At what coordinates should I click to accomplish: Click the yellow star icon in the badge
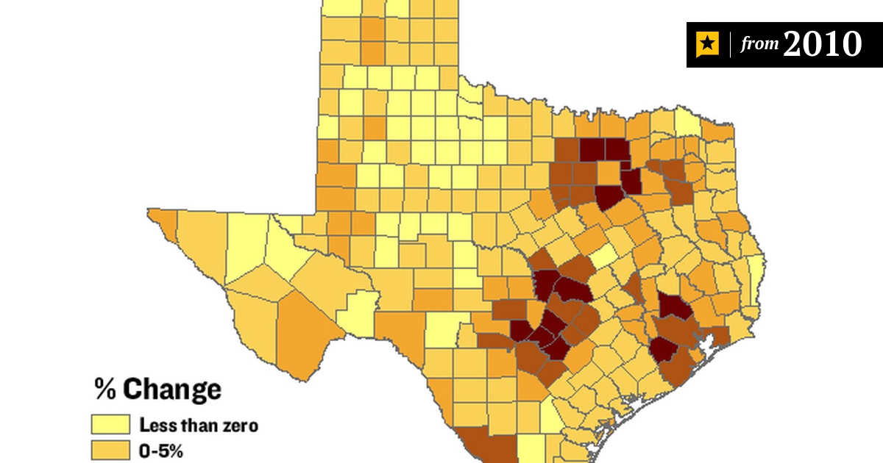click(707, 45)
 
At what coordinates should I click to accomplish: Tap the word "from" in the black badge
click(759, 45)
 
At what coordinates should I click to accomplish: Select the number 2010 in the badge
click(822, 45)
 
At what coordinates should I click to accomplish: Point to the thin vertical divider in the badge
click(729, 45)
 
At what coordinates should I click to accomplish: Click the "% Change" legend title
click(157, 389)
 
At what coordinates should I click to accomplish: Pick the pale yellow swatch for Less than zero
click(109, 425)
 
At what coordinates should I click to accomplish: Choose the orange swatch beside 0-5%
click(109, 450)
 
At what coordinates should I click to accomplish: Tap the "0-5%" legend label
click(160, 450)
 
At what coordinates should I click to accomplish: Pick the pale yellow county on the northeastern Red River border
click(687, 121)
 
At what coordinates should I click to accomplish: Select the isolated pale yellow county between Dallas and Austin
click(603, 257)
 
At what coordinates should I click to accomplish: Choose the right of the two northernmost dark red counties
click(617, 150)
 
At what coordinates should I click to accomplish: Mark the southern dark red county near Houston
click(664, 348)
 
